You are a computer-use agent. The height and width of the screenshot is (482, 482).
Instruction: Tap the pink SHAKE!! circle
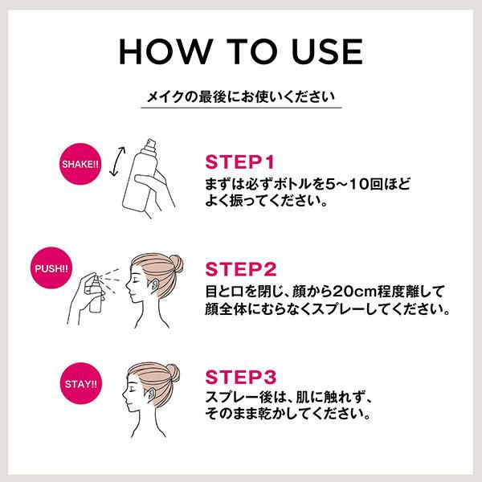pos(80,164)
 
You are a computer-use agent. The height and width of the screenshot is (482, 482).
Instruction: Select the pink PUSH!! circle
pos(51,268)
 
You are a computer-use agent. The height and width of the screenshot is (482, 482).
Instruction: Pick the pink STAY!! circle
pos(81,383)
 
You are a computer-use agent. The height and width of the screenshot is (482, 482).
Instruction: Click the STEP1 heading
pos(239,162)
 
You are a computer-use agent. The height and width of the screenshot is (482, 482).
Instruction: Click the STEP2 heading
pos(241,269)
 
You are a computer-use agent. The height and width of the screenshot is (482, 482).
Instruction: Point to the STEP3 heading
pos(241,377)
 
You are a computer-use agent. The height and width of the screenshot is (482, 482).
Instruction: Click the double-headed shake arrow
pos(117,161)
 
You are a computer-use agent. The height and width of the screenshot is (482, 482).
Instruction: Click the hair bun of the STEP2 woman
pos(177,263)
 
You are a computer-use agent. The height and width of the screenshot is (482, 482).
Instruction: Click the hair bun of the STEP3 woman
pos(173,373)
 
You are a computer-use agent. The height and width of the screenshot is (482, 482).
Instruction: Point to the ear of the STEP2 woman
pos(153,285)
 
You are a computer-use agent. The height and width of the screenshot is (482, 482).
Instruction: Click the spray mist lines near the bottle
pos(111,276)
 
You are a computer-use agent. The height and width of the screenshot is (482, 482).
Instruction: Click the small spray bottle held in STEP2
pos(96,294)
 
